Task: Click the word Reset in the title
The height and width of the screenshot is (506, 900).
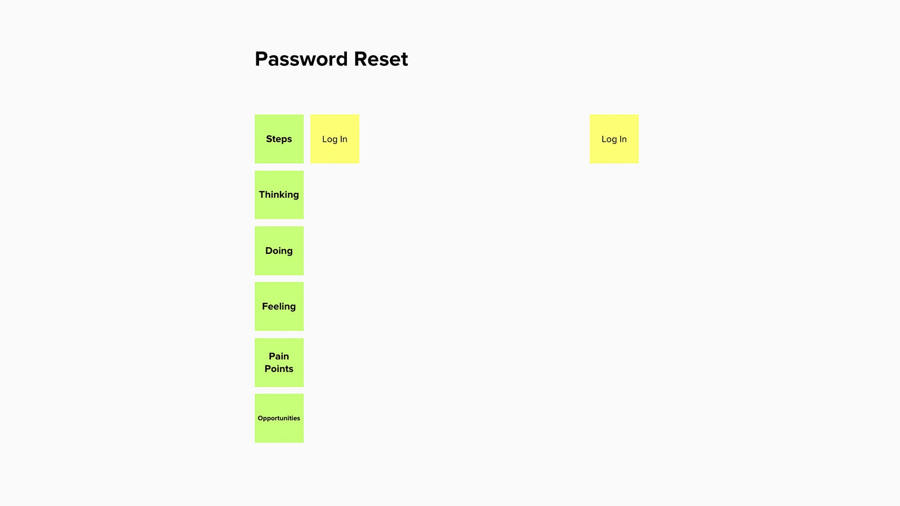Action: pos(381,59)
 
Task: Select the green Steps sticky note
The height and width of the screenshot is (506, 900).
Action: pos(279,139)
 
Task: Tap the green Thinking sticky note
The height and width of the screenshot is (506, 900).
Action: pos(279,195)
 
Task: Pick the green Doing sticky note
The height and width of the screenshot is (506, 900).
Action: pos(279,251)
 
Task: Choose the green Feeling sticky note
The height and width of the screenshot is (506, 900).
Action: pos(279,306)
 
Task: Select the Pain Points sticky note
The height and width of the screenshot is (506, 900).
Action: pos(279,363)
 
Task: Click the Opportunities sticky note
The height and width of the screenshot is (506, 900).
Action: pos(279,418)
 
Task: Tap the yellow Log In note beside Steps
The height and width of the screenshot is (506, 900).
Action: pos(335,139)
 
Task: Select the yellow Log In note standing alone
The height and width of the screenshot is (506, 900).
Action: pos(614,139)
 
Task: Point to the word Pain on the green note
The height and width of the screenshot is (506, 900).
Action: pos(279,356)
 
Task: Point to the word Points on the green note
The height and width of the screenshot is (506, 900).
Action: pos(279,369)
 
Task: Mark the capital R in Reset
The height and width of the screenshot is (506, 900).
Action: pos(361,59)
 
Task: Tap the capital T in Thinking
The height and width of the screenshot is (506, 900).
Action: pos(262,194)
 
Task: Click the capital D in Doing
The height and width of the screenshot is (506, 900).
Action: pos(269,251)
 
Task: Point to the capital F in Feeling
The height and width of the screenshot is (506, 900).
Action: pos(265,306)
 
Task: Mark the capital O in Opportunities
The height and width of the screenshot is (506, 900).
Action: pos(260,418)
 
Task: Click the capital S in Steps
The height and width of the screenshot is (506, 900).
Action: pos(269,139)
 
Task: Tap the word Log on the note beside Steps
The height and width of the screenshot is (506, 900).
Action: pos(330,140)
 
